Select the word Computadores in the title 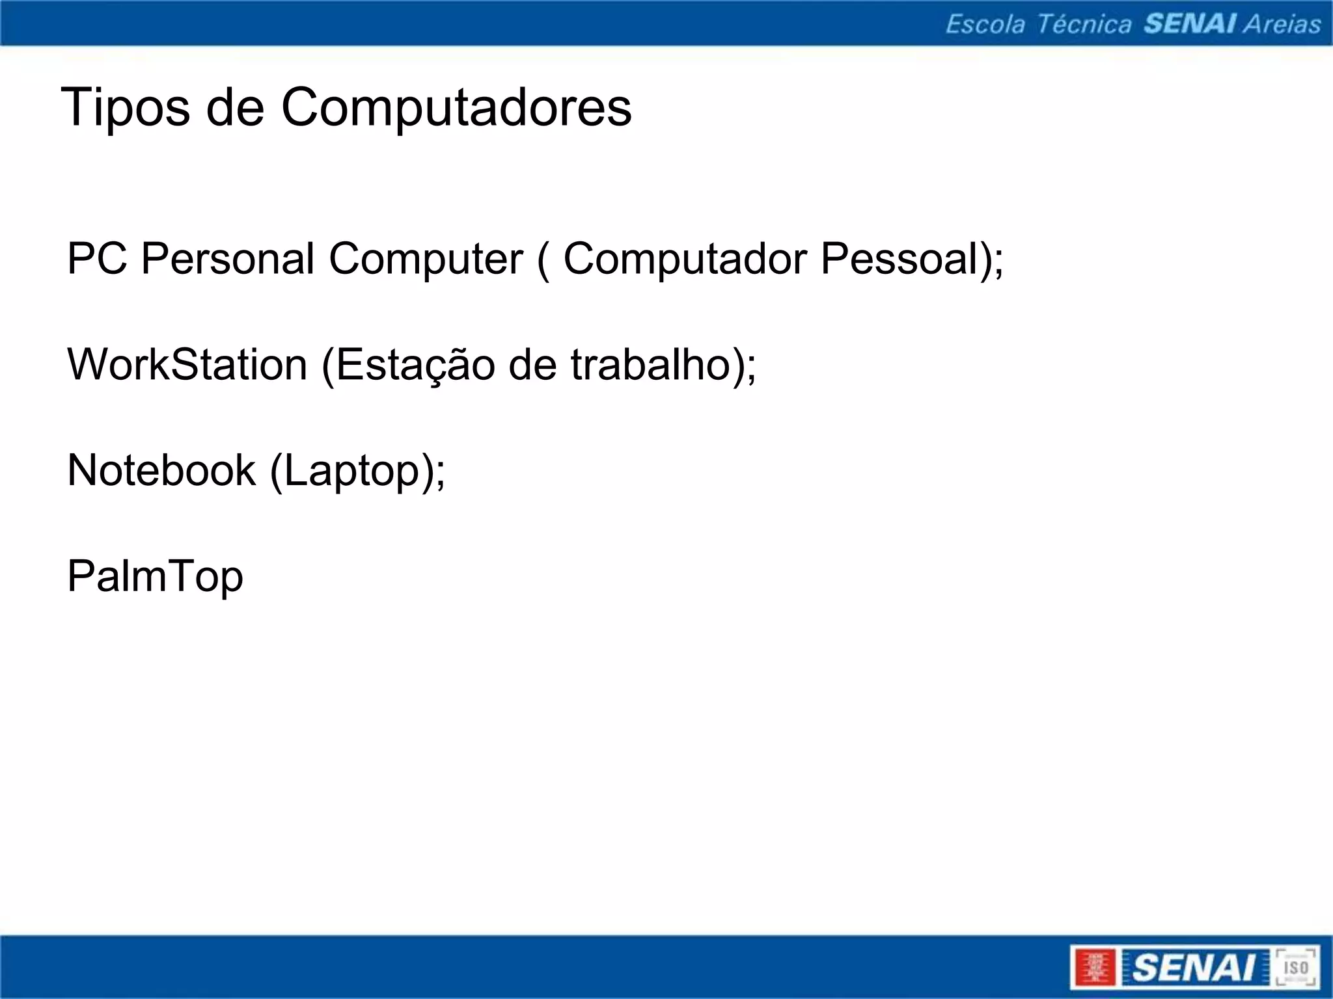coord(456,108)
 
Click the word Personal coord(228,259)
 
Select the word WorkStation coord(187,364)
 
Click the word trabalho coord(652,364)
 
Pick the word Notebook coord(161,470)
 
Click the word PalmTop coord(155,577)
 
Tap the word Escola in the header coord(985,25)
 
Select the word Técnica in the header coord(1084,25)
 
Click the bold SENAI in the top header coord(1190,24)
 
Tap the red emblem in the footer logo coord(1095,968)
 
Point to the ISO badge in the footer coord(1295,967)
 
